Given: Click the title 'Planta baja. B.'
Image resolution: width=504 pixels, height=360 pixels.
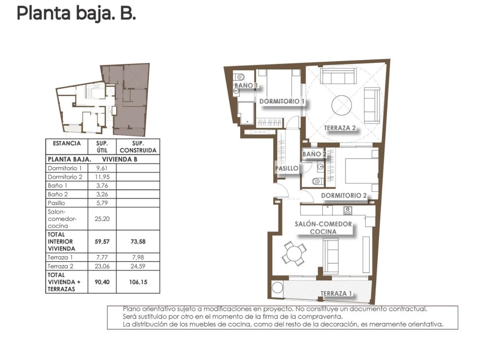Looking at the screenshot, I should point(76,13).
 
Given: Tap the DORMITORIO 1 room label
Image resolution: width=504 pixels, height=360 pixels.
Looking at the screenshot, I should point(283,101).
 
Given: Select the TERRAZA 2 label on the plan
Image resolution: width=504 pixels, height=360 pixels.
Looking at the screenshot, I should point(340,129).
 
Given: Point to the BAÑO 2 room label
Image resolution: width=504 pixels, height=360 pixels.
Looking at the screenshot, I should point(315,154).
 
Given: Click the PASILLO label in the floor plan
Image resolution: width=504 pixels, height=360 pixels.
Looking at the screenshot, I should point(286,168).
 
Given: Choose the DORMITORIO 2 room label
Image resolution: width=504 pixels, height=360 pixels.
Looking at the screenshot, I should point(344,195).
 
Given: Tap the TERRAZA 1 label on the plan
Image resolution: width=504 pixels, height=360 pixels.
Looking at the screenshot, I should point(336,294).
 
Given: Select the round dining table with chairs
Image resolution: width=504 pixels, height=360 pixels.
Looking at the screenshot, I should point(294,254).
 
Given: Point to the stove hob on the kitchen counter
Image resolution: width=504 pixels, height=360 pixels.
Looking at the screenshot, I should point(347,210).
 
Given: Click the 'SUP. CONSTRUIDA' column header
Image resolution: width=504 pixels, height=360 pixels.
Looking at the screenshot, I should point(138,147).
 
